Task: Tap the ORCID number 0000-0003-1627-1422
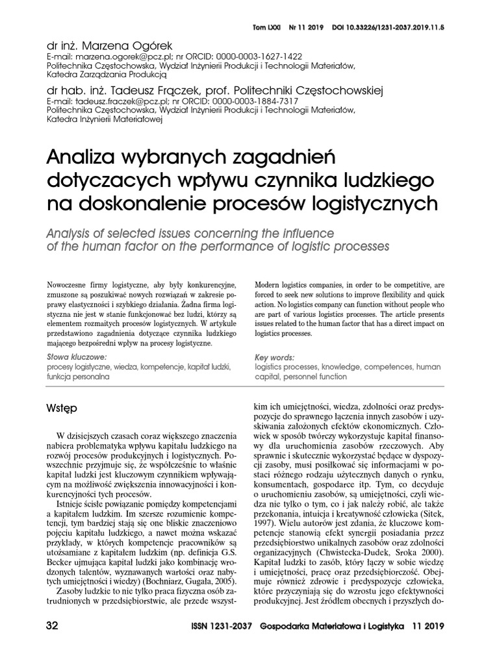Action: click(243, 57)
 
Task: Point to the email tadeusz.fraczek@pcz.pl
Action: click(117, 101)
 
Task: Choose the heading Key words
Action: click(274, 357)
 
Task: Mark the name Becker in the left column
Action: click(63, 558)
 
